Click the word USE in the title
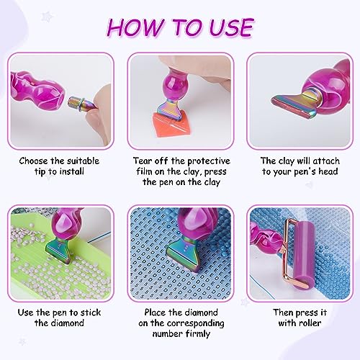pos(231,27)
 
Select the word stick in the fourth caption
pos(91,312)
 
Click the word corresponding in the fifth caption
pos(196,323)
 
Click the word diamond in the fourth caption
pos(59,323)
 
